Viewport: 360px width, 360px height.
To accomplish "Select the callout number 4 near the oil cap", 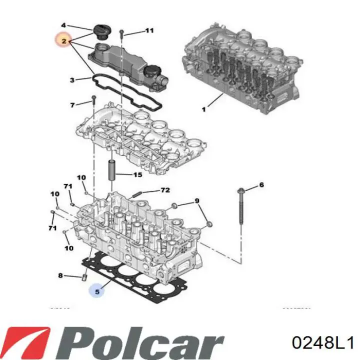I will [63, 25].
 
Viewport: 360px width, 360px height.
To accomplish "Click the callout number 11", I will [149, 31].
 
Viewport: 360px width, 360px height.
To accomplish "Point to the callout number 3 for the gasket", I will [72, 79].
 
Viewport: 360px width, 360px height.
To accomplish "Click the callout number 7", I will [72, 105].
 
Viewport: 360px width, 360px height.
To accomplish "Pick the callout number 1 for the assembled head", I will [203, 109].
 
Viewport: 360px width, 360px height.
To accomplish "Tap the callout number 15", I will [137, 174].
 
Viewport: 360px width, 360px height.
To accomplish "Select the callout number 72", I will [164, 190].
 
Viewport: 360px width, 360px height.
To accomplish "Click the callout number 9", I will [197, 201].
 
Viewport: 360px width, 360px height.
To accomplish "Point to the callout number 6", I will [260, 185].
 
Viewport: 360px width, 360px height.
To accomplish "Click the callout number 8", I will [60, 275].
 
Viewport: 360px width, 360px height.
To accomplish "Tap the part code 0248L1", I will [315, 343].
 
